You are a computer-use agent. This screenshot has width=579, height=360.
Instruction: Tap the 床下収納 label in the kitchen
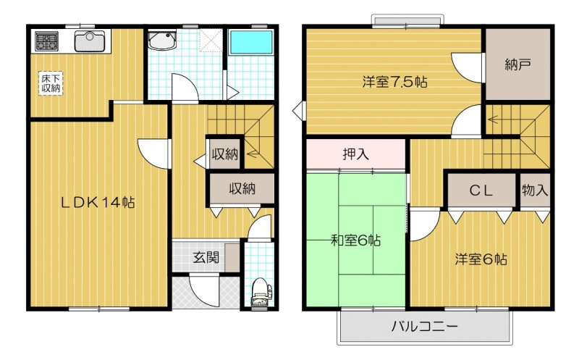(50, 83)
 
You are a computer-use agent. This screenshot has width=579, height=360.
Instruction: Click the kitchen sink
(90, 41)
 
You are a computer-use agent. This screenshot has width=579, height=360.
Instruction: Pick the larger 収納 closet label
(242, 189)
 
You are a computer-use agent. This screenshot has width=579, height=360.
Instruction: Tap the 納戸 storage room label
(518, 65)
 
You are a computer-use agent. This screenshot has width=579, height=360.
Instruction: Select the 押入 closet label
(356, 154)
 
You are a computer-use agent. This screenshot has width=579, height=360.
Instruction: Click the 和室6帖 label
(358, 240)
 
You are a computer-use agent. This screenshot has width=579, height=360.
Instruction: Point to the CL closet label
(481, 191)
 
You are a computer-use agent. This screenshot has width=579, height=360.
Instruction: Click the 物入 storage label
(536, 191)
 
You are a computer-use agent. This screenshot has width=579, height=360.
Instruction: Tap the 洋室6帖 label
(481, 259)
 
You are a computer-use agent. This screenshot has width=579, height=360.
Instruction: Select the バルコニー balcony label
(425, 327)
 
